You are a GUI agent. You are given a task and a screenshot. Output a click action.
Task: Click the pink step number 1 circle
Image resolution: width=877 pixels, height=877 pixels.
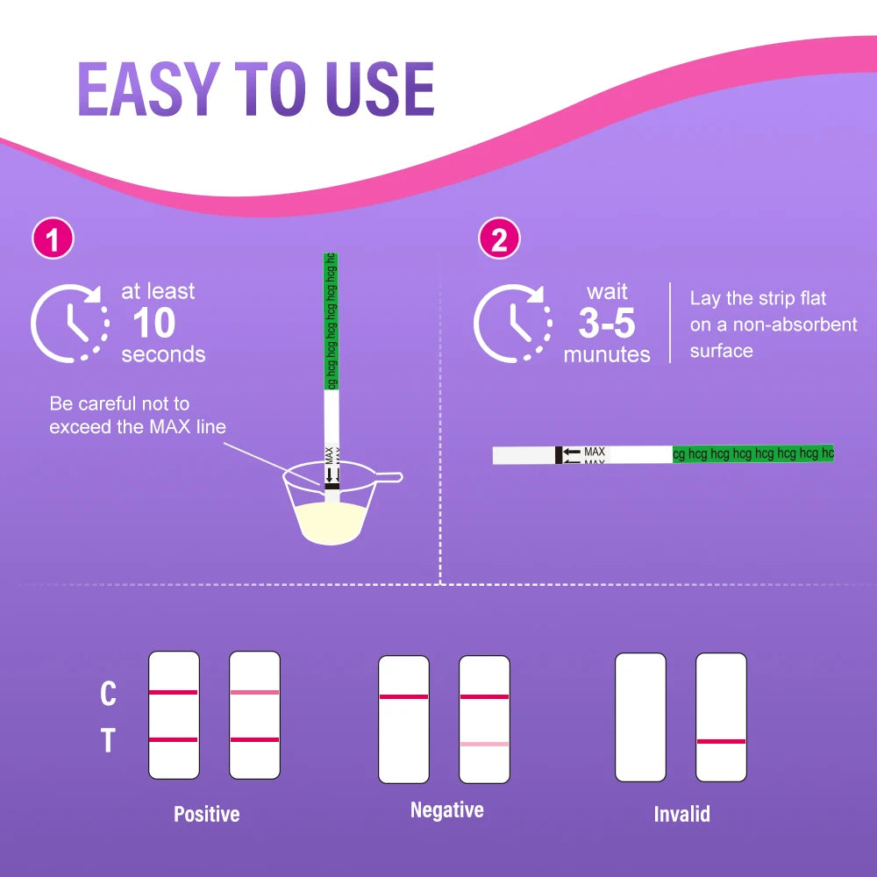pos(53,239)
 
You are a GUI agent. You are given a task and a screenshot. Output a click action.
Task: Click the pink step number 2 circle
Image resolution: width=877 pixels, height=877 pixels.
pos(499,239)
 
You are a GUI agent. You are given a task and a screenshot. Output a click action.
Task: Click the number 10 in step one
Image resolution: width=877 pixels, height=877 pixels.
pos(153,323)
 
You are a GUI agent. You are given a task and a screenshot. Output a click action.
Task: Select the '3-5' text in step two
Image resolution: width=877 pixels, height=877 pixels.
pos(606,324)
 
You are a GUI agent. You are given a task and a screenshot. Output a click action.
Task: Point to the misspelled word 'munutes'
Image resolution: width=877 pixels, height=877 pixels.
pos(607,354)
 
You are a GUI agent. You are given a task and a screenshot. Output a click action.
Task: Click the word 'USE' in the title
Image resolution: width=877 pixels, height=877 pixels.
pos(380,89)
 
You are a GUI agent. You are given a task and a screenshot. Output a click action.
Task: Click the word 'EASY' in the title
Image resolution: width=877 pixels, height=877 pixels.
pos(148,89)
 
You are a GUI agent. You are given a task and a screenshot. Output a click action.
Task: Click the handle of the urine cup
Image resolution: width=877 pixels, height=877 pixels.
pos(385,478)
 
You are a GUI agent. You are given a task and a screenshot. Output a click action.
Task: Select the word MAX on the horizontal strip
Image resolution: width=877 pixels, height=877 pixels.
pos(594,452)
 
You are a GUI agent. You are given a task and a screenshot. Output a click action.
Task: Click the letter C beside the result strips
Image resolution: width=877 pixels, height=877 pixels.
pos(108,694)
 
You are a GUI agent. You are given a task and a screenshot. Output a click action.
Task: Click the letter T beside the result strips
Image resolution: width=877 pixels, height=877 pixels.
pos(108,740)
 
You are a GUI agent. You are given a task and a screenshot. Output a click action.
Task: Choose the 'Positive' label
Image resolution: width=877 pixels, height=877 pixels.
pos(206,814)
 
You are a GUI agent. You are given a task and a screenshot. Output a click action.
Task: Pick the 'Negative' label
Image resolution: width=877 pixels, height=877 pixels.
pos(447,809)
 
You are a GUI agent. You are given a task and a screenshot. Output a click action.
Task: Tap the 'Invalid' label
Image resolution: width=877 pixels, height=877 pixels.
pos(681,814)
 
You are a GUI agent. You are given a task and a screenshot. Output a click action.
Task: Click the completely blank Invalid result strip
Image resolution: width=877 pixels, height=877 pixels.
pos(640,717)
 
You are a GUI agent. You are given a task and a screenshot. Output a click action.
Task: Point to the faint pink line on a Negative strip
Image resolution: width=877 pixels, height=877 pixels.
pos(484,744)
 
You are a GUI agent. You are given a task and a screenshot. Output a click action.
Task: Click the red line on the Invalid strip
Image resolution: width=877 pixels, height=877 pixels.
pos(721,742)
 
